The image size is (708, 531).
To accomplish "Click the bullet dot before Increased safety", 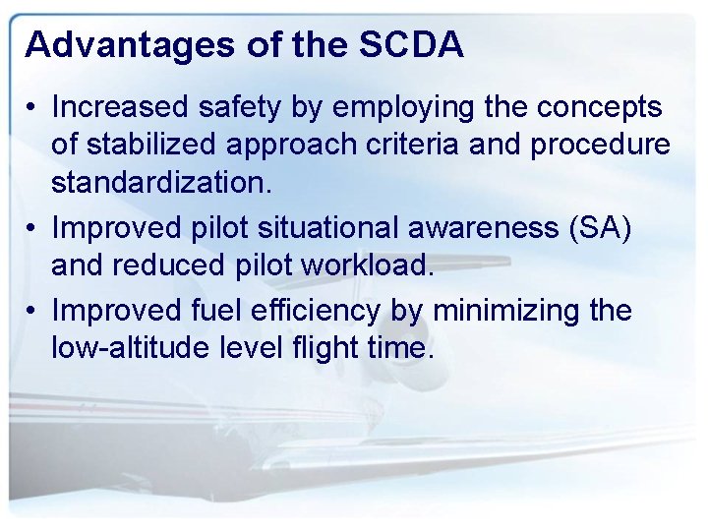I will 32,106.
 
